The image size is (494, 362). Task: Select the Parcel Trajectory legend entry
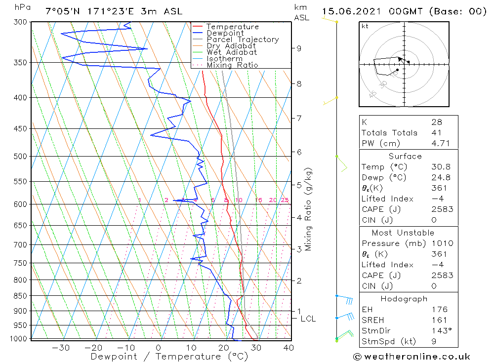242,40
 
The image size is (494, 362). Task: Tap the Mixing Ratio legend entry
232,65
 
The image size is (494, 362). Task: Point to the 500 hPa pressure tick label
21,157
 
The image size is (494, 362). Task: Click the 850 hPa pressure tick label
21,296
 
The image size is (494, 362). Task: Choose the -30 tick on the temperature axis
61,348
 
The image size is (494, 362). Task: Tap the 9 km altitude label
299,48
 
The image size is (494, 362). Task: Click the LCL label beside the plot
308,319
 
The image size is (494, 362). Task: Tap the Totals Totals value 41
436,133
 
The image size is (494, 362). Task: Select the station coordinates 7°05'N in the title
62,11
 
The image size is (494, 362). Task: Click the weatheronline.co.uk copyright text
412,357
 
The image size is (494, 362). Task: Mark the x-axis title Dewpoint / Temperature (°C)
169,357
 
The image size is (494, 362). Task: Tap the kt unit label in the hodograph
365,26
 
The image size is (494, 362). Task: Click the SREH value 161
439,320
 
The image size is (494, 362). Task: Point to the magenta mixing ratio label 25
285,200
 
